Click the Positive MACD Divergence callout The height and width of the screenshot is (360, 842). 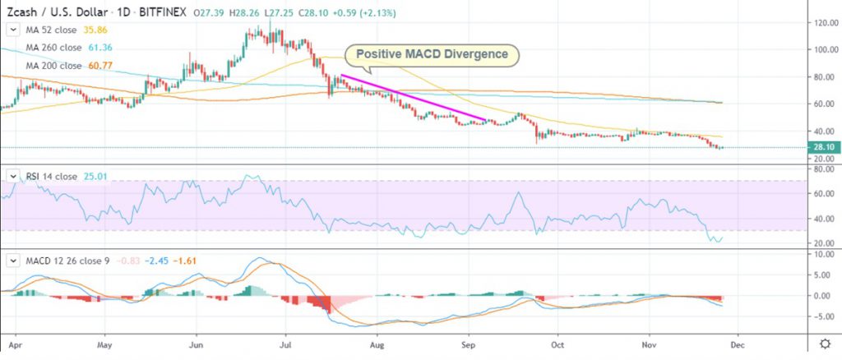pyautogui.click(x=433, y=56)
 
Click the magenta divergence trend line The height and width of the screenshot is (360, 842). pyautogui.click(x=415, y=99)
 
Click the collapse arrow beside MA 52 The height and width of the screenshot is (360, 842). pyautogui.click(x=12, y=29)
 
